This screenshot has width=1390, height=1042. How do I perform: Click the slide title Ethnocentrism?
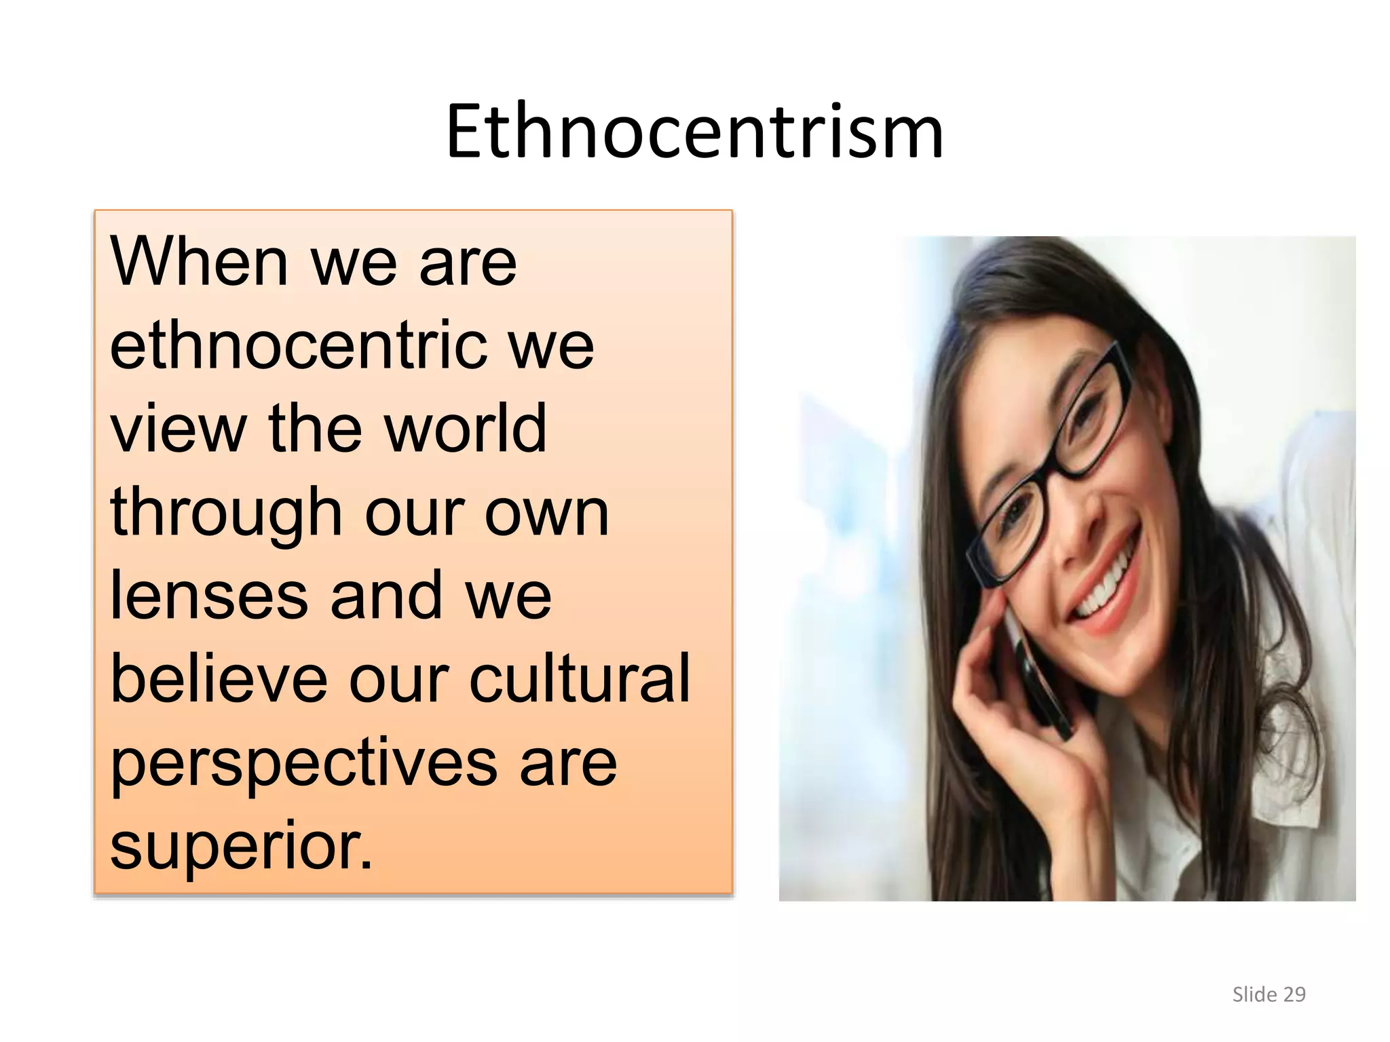click(x=694, y=132)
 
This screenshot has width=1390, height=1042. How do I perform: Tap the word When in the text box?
click(x=199, y=262)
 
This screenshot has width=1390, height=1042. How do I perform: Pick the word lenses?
click(x=209, y=596)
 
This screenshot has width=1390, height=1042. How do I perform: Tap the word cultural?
click(x=580, y=678)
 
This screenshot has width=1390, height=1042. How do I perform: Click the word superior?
click(x=241, y=845)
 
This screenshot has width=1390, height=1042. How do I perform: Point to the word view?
click(x=178, y=429)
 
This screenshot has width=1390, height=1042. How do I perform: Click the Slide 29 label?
click(x=1269, y=995)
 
